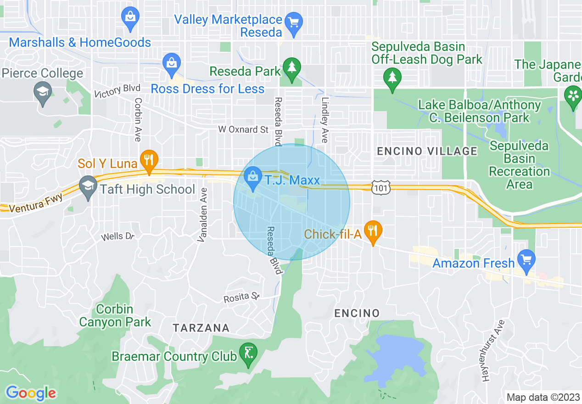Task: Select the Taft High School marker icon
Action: point(87,187)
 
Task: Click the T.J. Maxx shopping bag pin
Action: point(252,177)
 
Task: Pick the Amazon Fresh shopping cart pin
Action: point(526,260)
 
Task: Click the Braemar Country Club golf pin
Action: point(248,353)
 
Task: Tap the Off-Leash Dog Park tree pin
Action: point(392,78)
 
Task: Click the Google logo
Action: point(31,393)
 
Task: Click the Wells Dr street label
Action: point(118,236)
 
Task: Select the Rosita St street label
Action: point(241,298)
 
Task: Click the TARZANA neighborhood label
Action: point(201,328)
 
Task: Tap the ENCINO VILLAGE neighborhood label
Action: point(427,151)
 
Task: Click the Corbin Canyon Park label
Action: point(115,316)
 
